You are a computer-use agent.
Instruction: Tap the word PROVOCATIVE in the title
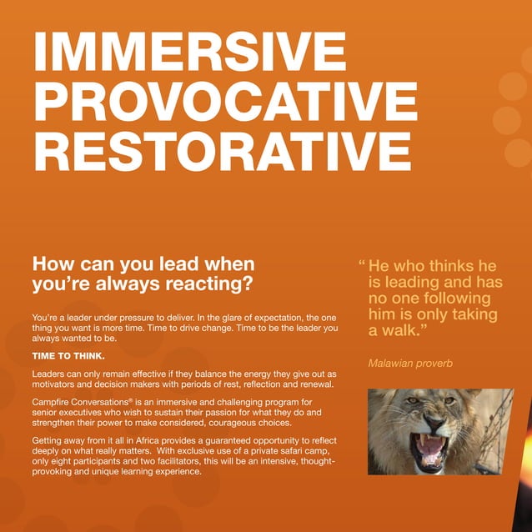(225, 102)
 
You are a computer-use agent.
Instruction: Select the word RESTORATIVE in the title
(222, 152)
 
